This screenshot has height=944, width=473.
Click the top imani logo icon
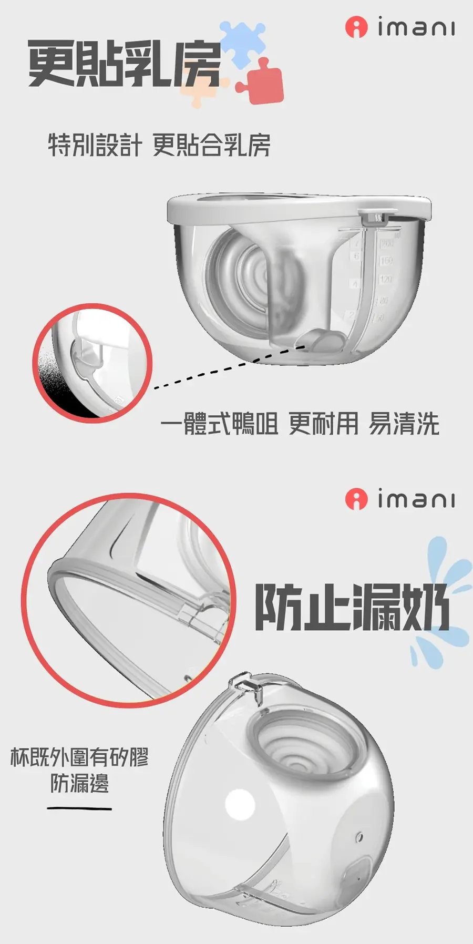(356, 27)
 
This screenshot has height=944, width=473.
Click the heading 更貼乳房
(125, 64)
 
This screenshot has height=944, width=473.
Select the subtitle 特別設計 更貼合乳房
(159, 145)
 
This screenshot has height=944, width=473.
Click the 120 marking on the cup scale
(386, 279)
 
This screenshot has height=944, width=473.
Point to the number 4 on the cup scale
(356, 284)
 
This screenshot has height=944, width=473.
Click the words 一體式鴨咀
(219, 424)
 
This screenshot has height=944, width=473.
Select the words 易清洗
(404, 424)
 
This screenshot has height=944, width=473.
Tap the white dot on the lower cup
(240, 805)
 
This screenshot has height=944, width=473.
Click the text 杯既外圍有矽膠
(79, 757)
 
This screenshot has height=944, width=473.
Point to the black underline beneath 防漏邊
(79, 808)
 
